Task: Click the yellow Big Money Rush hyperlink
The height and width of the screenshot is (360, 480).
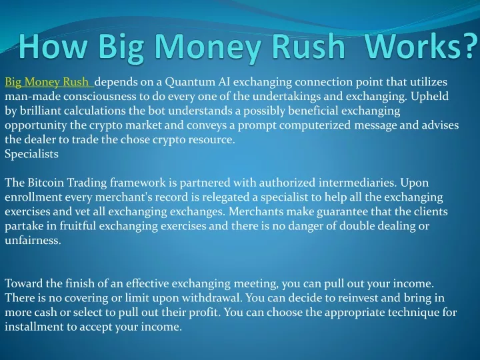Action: pyautogui.click(x=49, y=82)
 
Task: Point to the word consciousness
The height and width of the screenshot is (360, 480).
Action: pyautogui.click(x=100, y=96)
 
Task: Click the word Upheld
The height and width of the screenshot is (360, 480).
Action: pyautogui.click(x=429, y=97)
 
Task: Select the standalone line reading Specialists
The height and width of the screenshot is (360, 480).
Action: pyautogui.click(x=31, y=154)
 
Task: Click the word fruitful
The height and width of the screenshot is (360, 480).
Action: pyautogui.click(x=78, y=226)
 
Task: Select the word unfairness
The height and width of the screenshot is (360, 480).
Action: pyautogui.click(x=33, y=240)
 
